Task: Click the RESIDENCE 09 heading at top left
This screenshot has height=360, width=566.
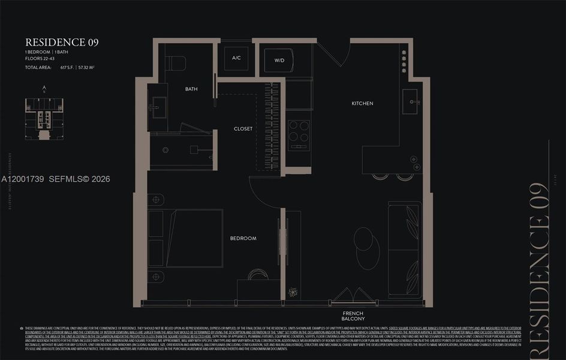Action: point(62,43)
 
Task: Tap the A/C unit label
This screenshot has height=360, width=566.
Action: point(236,59)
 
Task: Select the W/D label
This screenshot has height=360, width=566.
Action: point(279,61)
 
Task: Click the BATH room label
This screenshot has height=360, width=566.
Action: point(191,89)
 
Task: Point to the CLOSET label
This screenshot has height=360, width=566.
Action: point(243,129)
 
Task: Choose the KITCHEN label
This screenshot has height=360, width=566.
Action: point(362,104)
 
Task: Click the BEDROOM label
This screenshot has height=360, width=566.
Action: point(243,239)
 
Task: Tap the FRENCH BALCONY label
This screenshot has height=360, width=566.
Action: point(353,316)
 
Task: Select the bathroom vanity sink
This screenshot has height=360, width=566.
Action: point(158,108)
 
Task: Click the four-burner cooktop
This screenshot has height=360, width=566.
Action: point(299,135)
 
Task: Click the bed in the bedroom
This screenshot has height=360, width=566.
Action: point(186,238)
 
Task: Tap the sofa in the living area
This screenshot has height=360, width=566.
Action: point(405,249)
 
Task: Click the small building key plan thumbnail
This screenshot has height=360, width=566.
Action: point(44,119)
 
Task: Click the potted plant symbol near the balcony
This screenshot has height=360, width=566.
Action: point(293,292)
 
